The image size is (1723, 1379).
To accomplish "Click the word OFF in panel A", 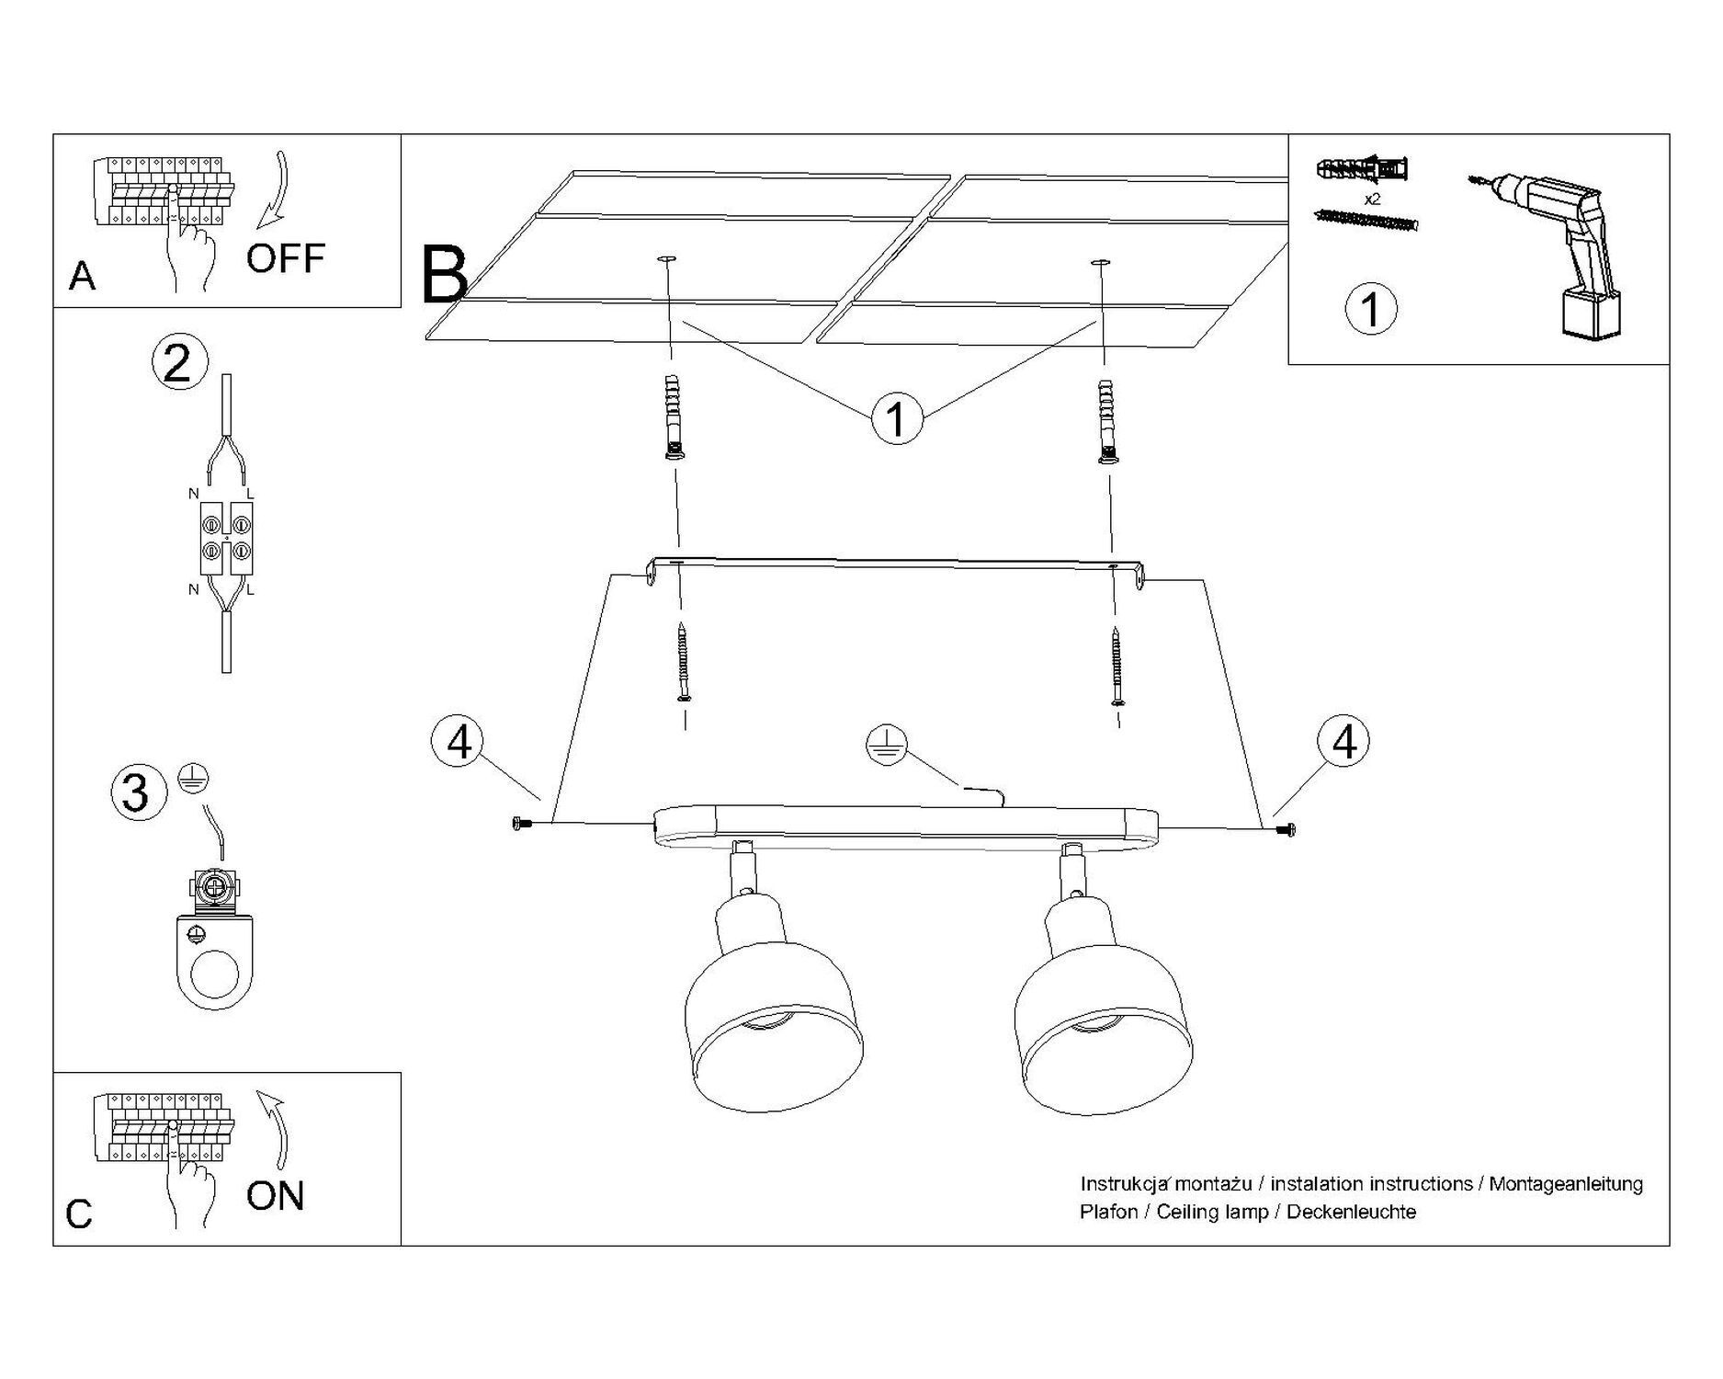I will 285,258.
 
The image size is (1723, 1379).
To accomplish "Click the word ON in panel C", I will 275,1196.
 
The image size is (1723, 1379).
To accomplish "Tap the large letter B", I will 445,275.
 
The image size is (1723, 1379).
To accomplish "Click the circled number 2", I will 179,362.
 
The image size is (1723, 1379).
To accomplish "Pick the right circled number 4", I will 1343,742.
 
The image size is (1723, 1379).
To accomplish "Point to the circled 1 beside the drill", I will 1370,309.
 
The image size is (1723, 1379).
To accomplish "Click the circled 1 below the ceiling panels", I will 896,418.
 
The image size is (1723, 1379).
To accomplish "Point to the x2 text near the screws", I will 1372,199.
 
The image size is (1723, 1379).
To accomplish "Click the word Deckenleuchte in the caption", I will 1351,1212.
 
